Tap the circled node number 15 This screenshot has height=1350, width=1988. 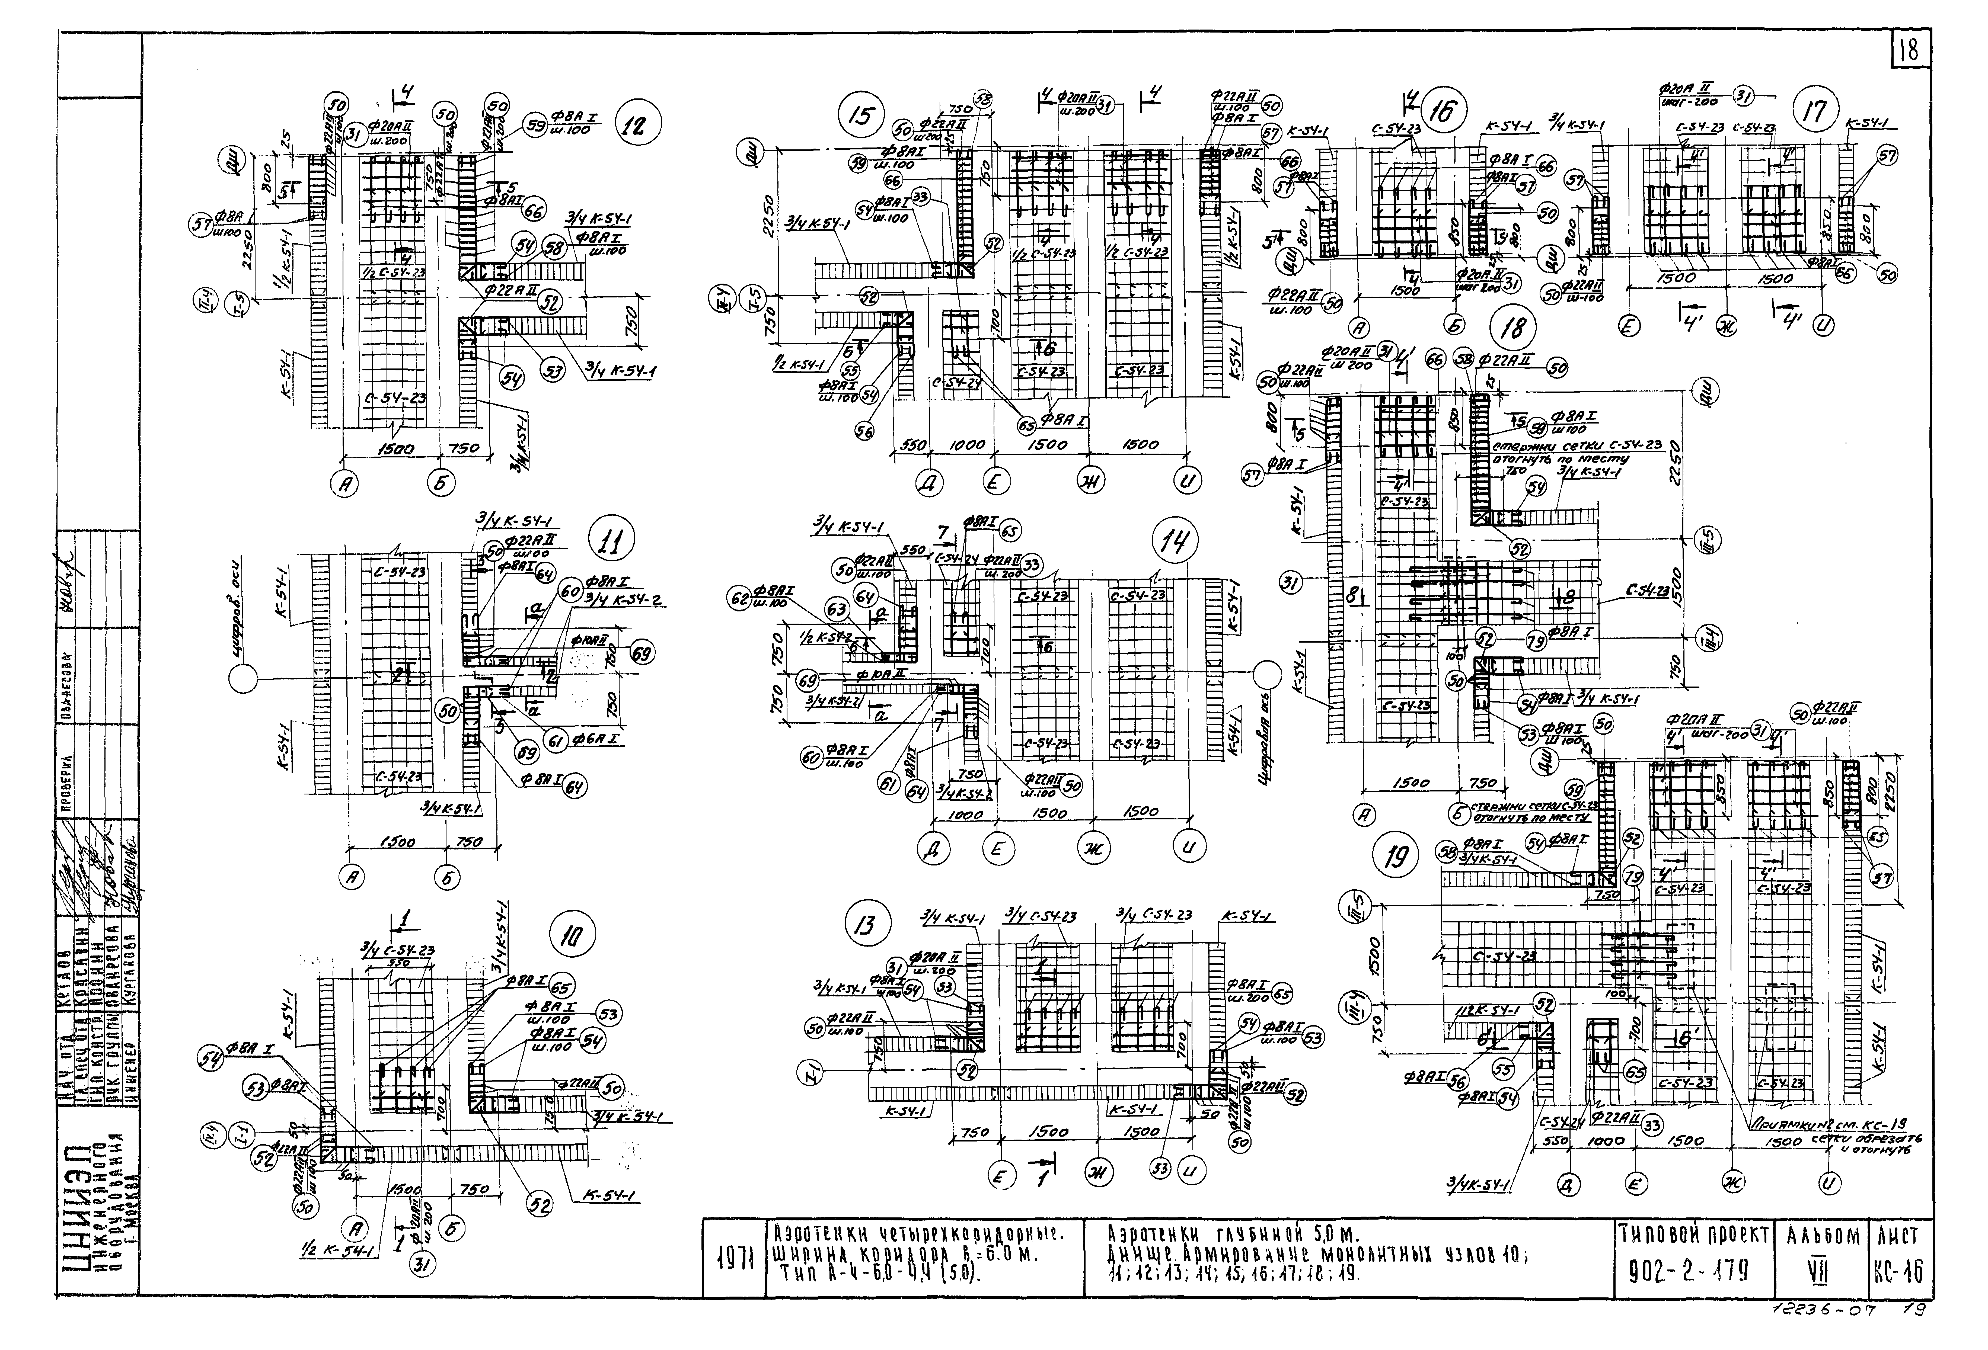tap(859, 115)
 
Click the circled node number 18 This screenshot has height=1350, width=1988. tap(1512, 328)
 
